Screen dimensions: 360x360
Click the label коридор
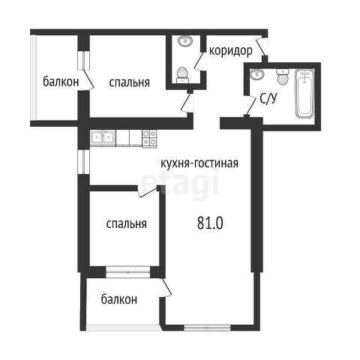pyautogui.click(x=230, y=52)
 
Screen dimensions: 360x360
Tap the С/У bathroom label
pyautogui.click(x=268, y=98)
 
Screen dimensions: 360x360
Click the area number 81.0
pyautogui.click(x=210, y=223)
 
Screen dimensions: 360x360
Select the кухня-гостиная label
pyautogui.click(x=199, y=163)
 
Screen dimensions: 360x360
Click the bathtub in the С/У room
pyautogui.click(x=304, y=94)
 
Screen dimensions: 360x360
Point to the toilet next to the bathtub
pyautogui.click(x=283, y=77)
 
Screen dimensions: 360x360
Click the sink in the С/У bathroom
pyautogui.click(x=256, y=74)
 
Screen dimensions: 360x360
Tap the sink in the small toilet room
pyautogui.click(x=185, y=40)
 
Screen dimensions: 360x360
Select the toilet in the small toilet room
pyautogui.click(x=182, y=75)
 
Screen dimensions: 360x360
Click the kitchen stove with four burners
pyautogui.click(x=149, y=138)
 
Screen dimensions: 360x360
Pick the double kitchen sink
pyautogui.click(x=103, y=138)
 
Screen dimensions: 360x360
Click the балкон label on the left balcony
pyautogui.click(x=61, y=82)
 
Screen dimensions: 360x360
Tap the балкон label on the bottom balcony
pyautogui.click(x=119, y=299)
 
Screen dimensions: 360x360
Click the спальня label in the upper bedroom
pyautogui.click(x=129, y=82)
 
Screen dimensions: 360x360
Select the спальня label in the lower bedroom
pyautogui.click(x=126, y=223)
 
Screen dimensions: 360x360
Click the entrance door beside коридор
pyautogui.click(x=262, y=46)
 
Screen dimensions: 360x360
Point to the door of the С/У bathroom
pyautogui.click(x=251, y=106)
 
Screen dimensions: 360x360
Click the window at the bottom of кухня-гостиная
pyautogui.click(x=207, y=327)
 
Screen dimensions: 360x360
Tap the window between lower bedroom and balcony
pyautogui.click(x=128, y=272)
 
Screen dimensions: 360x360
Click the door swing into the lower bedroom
pyautogui.click(x=148, y=192)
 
